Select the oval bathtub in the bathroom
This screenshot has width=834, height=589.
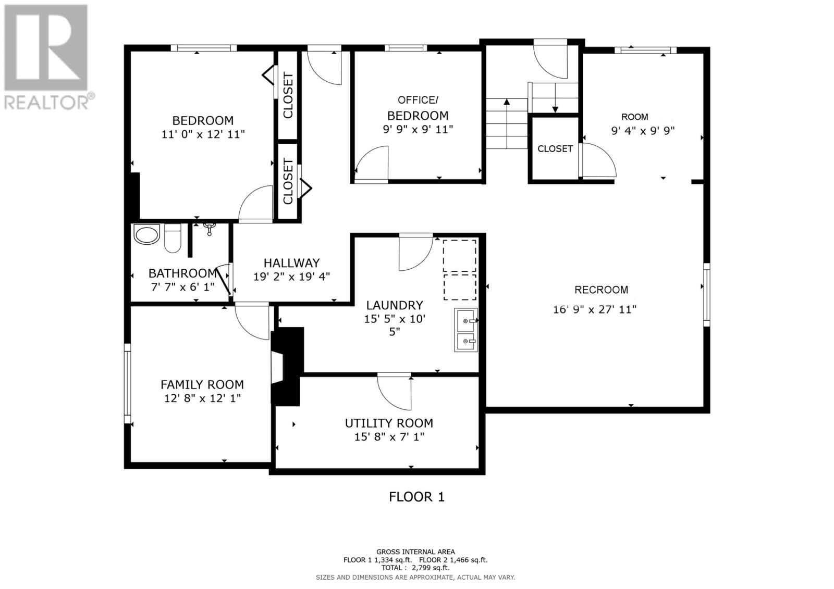coord(147,235)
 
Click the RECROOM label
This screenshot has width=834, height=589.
coord(601,290)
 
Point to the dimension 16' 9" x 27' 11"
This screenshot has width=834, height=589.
coord(595,309)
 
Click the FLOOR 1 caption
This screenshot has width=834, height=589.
coord(416,497)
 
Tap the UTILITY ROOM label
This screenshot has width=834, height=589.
coord(389,423)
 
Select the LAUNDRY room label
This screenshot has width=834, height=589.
coord(394,305)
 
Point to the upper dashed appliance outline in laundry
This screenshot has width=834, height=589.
coord(459,256)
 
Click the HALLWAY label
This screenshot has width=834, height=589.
coord(291,263)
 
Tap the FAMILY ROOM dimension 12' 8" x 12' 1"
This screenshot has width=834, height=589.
coord(202,398)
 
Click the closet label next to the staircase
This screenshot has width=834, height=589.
coord(555,149)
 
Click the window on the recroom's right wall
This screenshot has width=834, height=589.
coord(706,294)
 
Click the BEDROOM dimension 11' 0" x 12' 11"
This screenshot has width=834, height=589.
coord(203,134)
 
